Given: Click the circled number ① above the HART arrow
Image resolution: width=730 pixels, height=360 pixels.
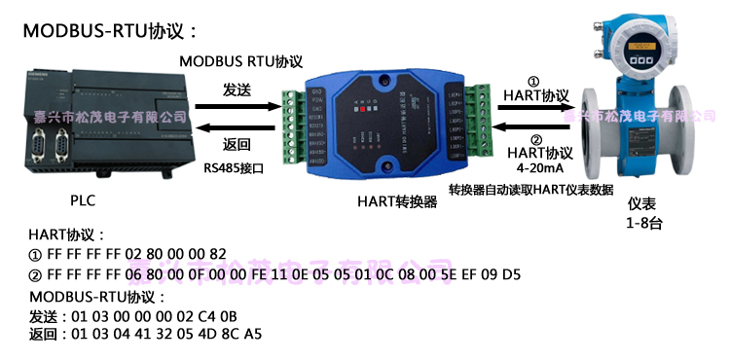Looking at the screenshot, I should pos(532,82).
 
